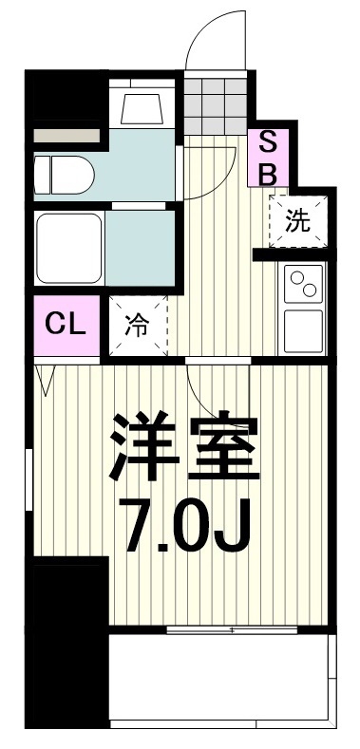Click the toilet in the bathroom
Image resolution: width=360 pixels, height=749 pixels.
tap(63, 174)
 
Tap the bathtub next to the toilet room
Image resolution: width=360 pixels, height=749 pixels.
tap(69, 246)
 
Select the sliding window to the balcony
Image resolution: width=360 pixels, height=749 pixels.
tap(233, 628)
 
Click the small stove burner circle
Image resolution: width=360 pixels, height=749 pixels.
tap(297, 276)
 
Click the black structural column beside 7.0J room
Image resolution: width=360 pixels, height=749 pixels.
tap(66, 646)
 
